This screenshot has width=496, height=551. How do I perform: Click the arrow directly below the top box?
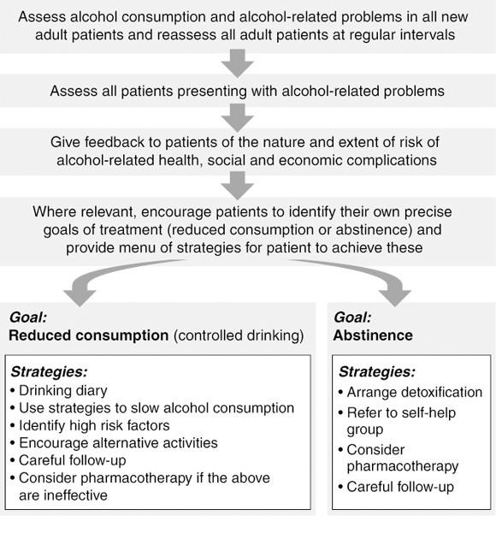click(x=238, y=63)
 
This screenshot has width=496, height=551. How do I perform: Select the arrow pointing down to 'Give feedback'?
click(x=238, y=118)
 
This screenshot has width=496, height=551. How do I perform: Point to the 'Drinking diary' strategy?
click(x=59, y=390)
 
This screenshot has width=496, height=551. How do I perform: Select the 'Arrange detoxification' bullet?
click(x=410, y=392)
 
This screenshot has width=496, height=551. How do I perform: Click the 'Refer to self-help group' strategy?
click(x=397, y=421)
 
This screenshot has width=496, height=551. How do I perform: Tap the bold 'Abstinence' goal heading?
click(x=373, y=335)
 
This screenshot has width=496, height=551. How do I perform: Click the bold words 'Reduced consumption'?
click(x=89, y=335)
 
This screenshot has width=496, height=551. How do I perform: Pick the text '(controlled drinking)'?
click(x=239, y=335)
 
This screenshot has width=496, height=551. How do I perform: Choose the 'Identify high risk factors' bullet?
click(x=90, y=425)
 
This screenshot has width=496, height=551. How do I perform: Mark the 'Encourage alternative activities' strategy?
click(x=114, y=443)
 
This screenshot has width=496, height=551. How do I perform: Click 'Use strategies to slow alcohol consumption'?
click(x=152, y=408)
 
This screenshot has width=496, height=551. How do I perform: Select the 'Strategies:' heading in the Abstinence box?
click(x=377, y=372)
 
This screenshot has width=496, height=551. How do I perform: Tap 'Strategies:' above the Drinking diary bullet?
click(x=49, y=372)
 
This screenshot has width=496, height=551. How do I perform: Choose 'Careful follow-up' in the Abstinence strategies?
click(x=396, y=487)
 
